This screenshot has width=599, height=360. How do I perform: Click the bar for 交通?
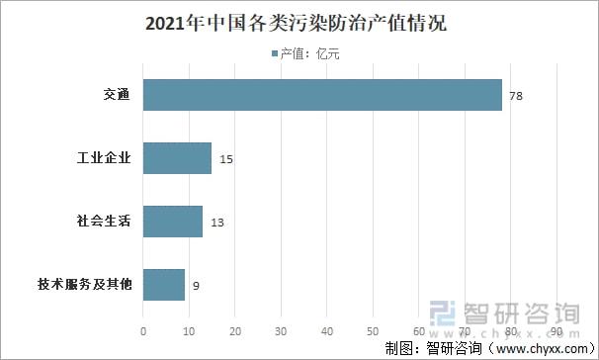(x=322, y=95)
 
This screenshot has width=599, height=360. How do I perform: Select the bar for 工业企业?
(x=178, y=158)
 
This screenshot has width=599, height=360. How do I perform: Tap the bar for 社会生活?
(x=173, y=222)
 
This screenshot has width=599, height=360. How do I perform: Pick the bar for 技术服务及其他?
(x=164, y=285)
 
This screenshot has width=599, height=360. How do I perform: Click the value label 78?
(x=515, y=96)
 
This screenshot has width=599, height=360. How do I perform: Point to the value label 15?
(x=226, y=159)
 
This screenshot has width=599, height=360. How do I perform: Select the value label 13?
(x=217, y=223)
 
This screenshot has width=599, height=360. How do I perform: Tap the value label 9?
(x=197, y=286)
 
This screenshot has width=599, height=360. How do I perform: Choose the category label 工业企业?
(x=105, y=158)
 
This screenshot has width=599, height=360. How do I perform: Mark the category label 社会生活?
(x=105, y=222)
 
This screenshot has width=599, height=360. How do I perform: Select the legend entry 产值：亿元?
(x=301, y=53)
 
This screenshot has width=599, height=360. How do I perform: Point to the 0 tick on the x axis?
(x=144, y=330)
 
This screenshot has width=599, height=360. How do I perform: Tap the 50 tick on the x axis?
(x=374, y=330)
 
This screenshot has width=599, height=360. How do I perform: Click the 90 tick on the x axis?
(x=557, y=330)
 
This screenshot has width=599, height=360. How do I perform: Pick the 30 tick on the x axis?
(x=282, y=330)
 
